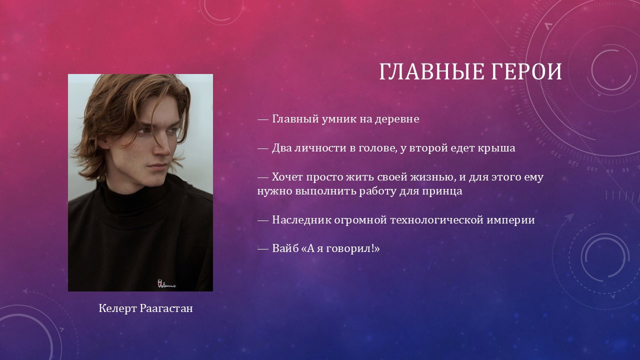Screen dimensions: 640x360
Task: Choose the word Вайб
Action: tap(285, 248)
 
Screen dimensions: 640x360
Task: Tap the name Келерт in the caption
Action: tap(117, 308)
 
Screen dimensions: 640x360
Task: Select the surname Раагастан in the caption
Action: tap(166, 308)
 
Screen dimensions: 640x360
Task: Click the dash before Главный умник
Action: tap(263, 120)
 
